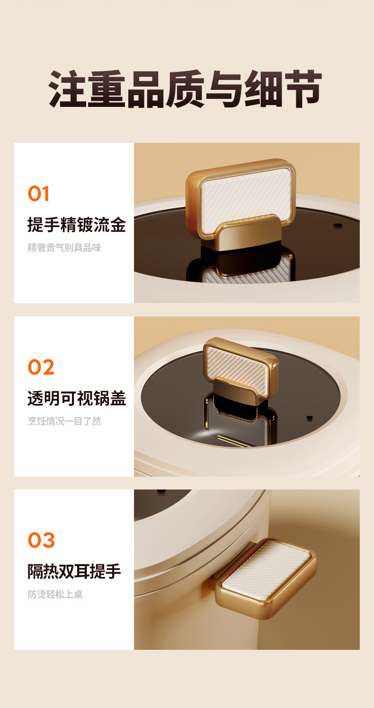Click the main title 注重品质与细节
(x=186, y=89)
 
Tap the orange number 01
(x=38, y=194)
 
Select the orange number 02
(x=41, y=367)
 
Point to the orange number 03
(x=41, y=540)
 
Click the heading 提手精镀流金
(x=76, y=225)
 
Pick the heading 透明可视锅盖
(x=76, y=398)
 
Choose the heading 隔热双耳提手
(x=74, y=571)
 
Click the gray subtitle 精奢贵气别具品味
(x=64, y=248)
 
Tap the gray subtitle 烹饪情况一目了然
(x=64, y=421)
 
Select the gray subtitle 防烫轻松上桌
(x=55, y=594)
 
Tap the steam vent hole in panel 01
(x=338, y=226)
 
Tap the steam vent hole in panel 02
(x=309, y=418)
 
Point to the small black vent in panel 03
(x=161, y=492)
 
